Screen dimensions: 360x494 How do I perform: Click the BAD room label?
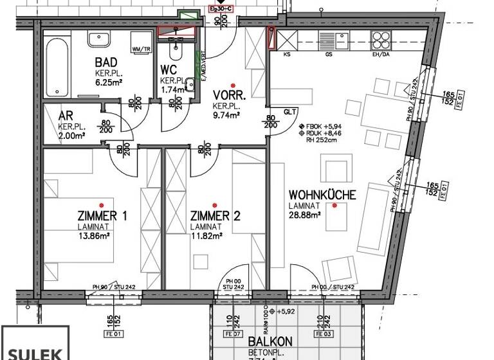click(106, 63)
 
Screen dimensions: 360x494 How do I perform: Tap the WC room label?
click(169, 69)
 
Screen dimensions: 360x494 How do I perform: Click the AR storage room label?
click(65, 116)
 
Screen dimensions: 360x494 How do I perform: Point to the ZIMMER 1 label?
click(102, 216)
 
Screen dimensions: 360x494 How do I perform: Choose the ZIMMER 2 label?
click(215, 216)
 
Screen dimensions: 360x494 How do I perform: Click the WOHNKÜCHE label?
click(322, 194)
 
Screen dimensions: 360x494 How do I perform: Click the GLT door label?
click(289, 111)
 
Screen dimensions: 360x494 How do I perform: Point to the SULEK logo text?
click(34, 352)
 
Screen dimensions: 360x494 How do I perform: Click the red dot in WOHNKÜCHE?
click(334, 205)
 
